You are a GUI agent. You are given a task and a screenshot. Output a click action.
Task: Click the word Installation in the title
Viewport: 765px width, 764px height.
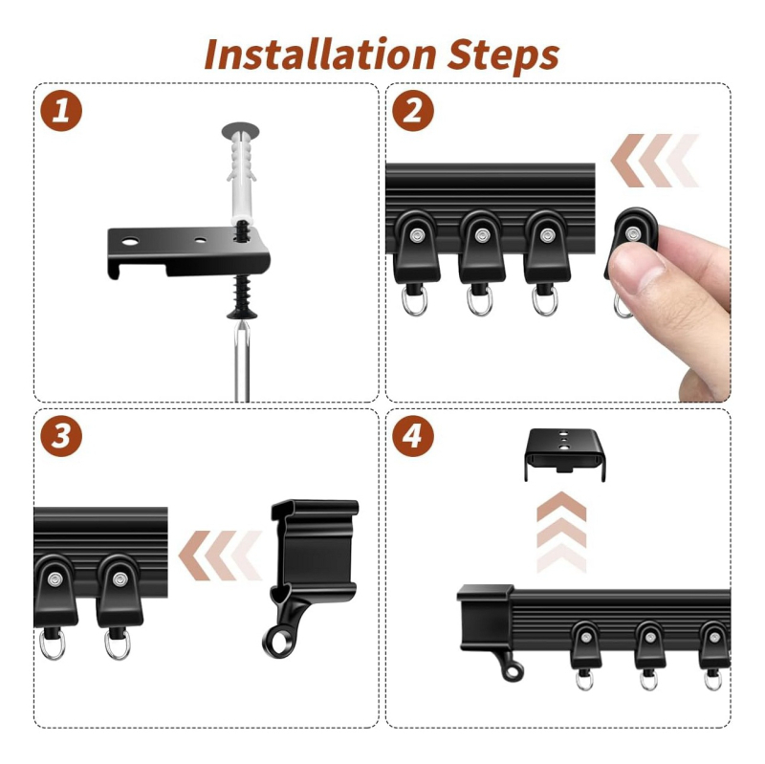click(320, 55)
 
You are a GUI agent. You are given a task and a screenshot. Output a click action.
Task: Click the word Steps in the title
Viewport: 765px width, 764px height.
click(504, 56)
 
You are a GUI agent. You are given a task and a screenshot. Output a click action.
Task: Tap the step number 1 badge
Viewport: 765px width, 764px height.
click(61, 110)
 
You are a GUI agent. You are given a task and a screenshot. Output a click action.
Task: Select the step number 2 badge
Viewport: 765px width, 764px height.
click(413, 110)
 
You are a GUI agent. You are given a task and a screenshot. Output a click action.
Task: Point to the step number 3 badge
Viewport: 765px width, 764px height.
click(61, 436)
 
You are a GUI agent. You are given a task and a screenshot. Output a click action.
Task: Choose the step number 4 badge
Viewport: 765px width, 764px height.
click(413, 436)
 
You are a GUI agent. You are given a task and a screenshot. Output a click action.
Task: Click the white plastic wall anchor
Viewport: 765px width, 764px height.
click(241, 171)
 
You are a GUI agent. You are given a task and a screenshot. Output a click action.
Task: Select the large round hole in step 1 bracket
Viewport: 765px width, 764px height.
click(130, 241)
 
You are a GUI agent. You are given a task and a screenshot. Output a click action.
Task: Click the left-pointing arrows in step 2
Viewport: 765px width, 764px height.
click(655, 161)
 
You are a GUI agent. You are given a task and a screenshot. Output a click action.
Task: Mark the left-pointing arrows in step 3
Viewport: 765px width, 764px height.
click(221, 556)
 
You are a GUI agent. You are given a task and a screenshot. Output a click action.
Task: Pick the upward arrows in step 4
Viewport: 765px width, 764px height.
click(561, 532)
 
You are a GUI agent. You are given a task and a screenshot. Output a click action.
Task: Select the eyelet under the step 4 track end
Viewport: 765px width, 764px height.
click(513, 671)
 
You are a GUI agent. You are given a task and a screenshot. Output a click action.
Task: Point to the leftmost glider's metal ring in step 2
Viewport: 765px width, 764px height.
click(414, 300)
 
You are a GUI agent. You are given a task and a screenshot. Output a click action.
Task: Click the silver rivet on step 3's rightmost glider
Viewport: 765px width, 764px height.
click(120, 579)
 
